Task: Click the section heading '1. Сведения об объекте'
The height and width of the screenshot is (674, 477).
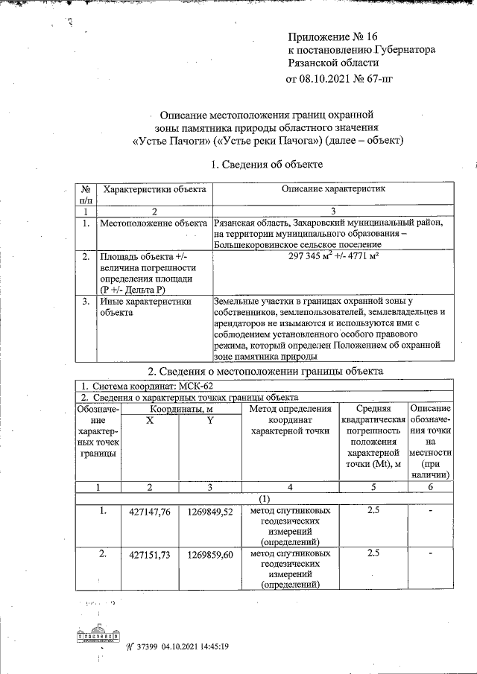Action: coord(267,164)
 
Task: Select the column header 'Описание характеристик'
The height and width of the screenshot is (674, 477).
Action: coord(332,190)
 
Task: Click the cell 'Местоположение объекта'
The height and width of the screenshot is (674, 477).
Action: coord(154,223)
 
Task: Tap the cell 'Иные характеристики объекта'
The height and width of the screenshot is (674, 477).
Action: coord(146,307)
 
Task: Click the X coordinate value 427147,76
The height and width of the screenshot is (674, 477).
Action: coord(151,512)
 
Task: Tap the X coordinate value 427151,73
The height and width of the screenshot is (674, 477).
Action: coord(151,555)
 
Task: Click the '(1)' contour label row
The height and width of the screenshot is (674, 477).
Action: coord(265,498)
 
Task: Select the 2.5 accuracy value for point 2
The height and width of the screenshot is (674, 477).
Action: coord(374,553)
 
